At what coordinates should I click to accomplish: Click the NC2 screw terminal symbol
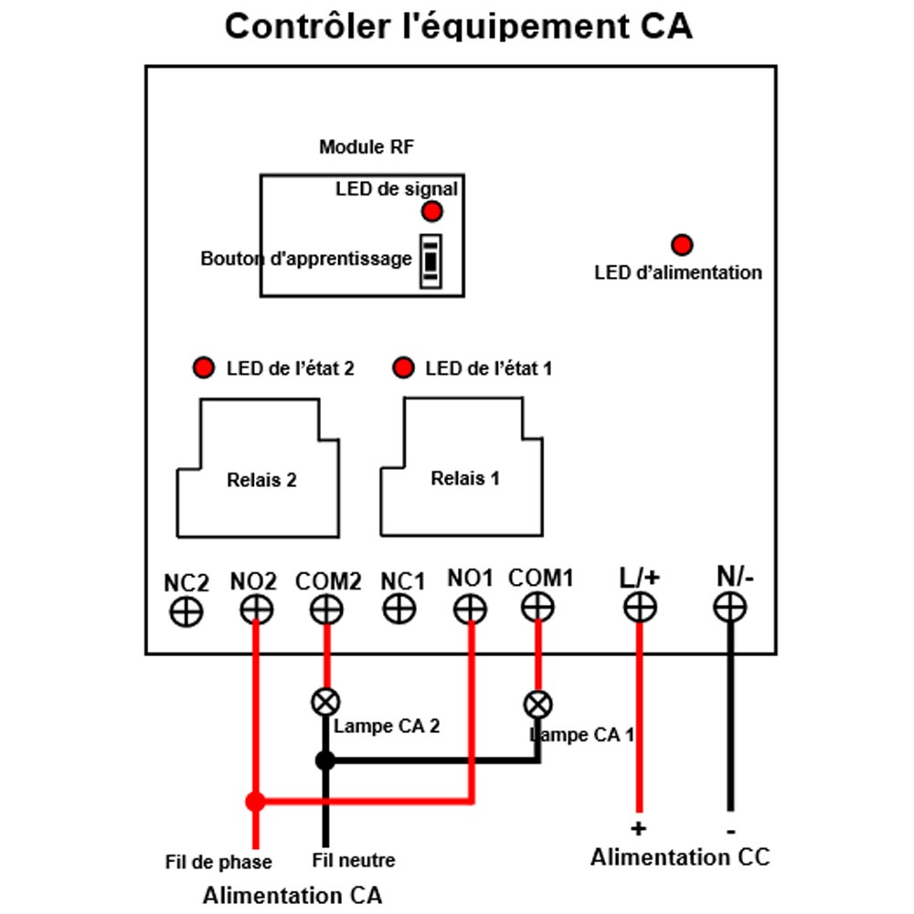tap(186, 612)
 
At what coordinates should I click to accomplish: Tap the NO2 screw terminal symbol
tap(257, 611)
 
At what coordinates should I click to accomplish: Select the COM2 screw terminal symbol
tap(326, 611)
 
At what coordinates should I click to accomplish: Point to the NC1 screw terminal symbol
tap(399, 610)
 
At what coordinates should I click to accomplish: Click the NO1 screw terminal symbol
tap(470, 611)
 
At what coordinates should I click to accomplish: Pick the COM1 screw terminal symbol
tap(537, 608)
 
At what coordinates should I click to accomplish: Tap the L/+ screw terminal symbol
tap(640, 608)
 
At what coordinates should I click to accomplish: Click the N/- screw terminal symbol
tap(729, 608)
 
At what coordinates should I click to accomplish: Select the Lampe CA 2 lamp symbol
tap(326, 702)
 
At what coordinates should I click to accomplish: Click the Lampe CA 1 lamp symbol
tap(538, 705)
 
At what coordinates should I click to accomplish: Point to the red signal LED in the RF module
tap(432, 211)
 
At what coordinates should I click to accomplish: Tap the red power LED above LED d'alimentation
tap(682, 245)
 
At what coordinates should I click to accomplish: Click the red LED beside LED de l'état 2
tap(204, 367)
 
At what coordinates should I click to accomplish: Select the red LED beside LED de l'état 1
tap(403, 367)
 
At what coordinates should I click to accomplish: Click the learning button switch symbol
tap(430, 261)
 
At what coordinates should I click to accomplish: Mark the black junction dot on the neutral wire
tap(325, 760)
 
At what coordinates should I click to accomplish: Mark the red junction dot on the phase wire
tap(255, 802)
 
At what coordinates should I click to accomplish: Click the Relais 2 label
tap(261, 480)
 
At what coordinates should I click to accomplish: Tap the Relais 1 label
tap(465, 478)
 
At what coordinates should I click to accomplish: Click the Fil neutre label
tap(353, 860)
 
